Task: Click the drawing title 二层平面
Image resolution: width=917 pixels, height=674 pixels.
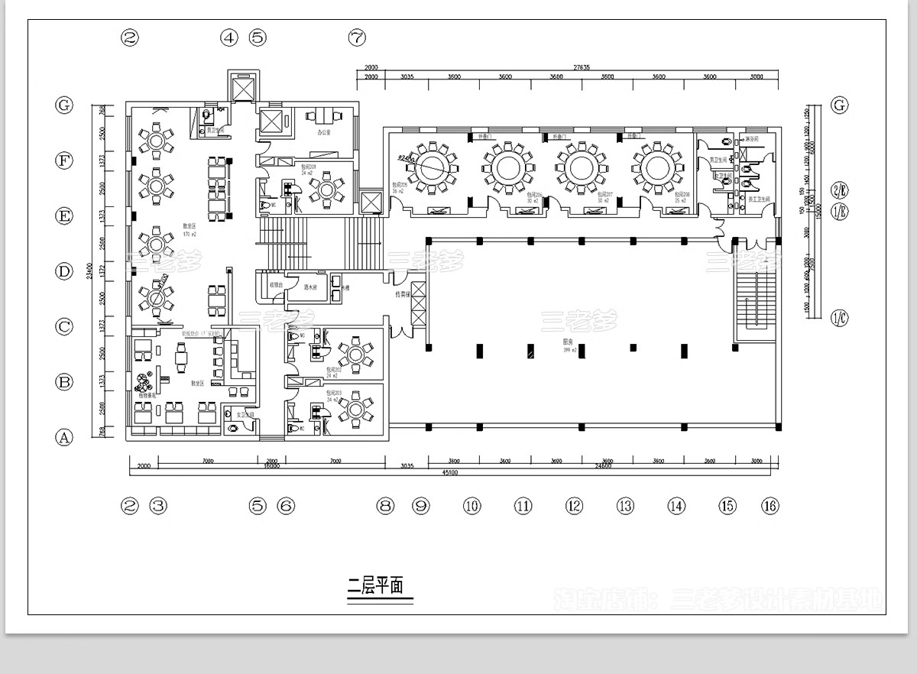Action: (x=375, y=587)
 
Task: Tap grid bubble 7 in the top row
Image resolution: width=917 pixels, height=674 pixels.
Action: (x=357, y=37)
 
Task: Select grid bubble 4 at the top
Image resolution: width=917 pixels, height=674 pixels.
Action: (x=229, y=37)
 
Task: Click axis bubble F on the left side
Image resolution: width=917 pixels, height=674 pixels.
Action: (x=64, y=160)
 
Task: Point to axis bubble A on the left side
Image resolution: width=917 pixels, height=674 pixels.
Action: (x=64, y=438)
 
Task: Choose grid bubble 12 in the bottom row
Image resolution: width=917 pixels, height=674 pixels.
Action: (x=574, y=505)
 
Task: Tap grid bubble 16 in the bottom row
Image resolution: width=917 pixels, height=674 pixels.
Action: (x=770, y=505)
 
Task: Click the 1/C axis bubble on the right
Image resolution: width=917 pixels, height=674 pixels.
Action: (x=840, y=318)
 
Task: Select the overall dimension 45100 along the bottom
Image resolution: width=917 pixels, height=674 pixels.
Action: (x=449, y=472)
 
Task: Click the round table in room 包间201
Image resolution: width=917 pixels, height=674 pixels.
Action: (x=327, y=189)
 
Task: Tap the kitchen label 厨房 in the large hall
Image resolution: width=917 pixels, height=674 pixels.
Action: (x=569, y=342)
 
